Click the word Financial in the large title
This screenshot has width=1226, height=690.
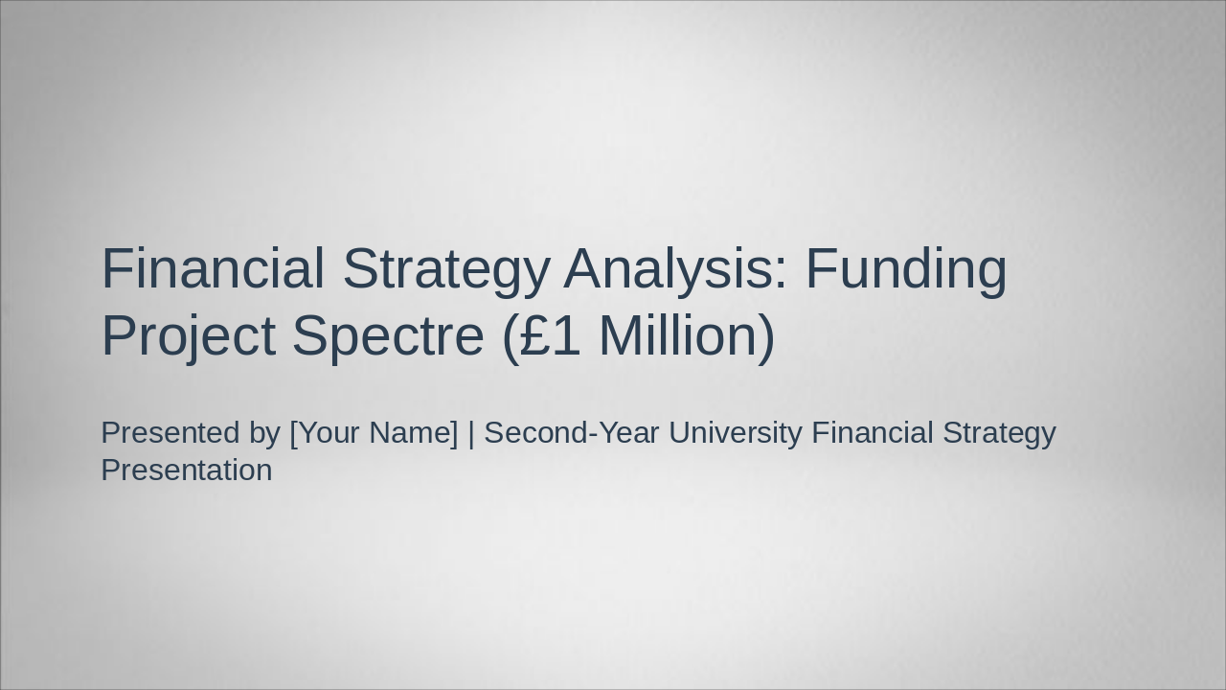(x=213, y=268)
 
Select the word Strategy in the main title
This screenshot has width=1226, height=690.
(x=445, y=270)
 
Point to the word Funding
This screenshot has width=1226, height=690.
(x=905, y=270)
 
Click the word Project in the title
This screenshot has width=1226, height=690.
(x=188, y=337)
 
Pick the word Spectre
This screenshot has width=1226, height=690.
(x=387, y=337)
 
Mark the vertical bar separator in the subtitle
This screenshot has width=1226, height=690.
(x=471, y=433)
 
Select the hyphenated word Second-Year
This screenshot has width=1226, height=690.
(x=572, y=433)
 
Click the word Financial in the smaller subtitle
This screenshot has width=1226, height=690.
(x=872, y=433)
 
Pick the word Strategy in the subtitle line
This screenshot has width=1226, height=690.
(x=999, y=434)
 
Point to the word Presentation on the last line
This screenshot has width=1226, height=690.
(x=187, y=471)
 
